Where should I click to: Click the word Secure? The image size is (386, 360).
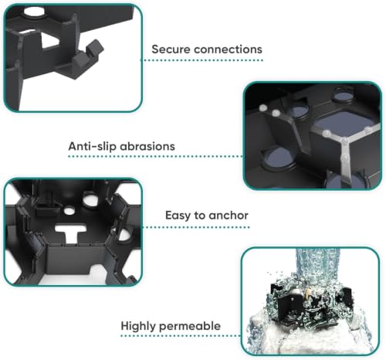tap(171, 49)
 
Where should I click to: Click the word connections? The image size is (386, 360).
tap(228, 49)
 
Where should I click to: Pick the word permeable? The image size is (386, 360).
tap(190, 326)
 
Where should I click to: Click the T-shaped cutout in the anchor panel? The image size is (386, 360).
tap(70, 233)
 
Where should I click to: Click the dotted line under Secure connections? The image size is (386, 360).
tap(201, 60)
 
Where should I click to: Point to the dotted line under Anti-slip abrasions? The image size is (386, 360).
tap(155, 156)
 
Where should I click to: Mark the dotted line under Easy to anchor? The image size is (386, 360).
tap(196, 227)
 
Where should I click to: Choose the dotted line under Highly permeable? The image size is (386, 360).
tap(181, 335)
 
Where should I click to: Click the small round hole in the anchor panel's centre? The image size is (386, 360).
tap(69, 211)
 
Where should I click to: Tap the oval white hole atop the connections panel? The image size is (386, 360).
tap(34, 12)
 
